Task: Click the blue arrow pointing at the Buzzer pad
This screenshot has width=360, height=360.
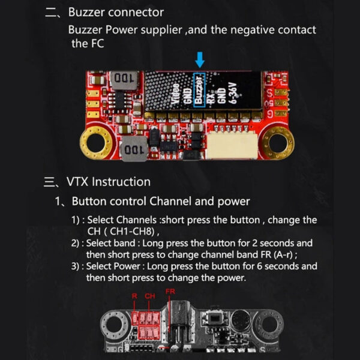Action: click(x=200, y=59)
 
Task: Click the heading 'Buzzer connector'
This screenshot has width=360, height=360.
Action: click(x=116, y=12)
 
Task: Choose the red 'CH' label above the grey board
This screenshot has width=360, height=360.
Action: click(x=149, y=296)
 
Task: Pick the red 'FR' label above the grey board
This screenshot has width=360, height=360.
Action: click(x=170, y=292)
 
